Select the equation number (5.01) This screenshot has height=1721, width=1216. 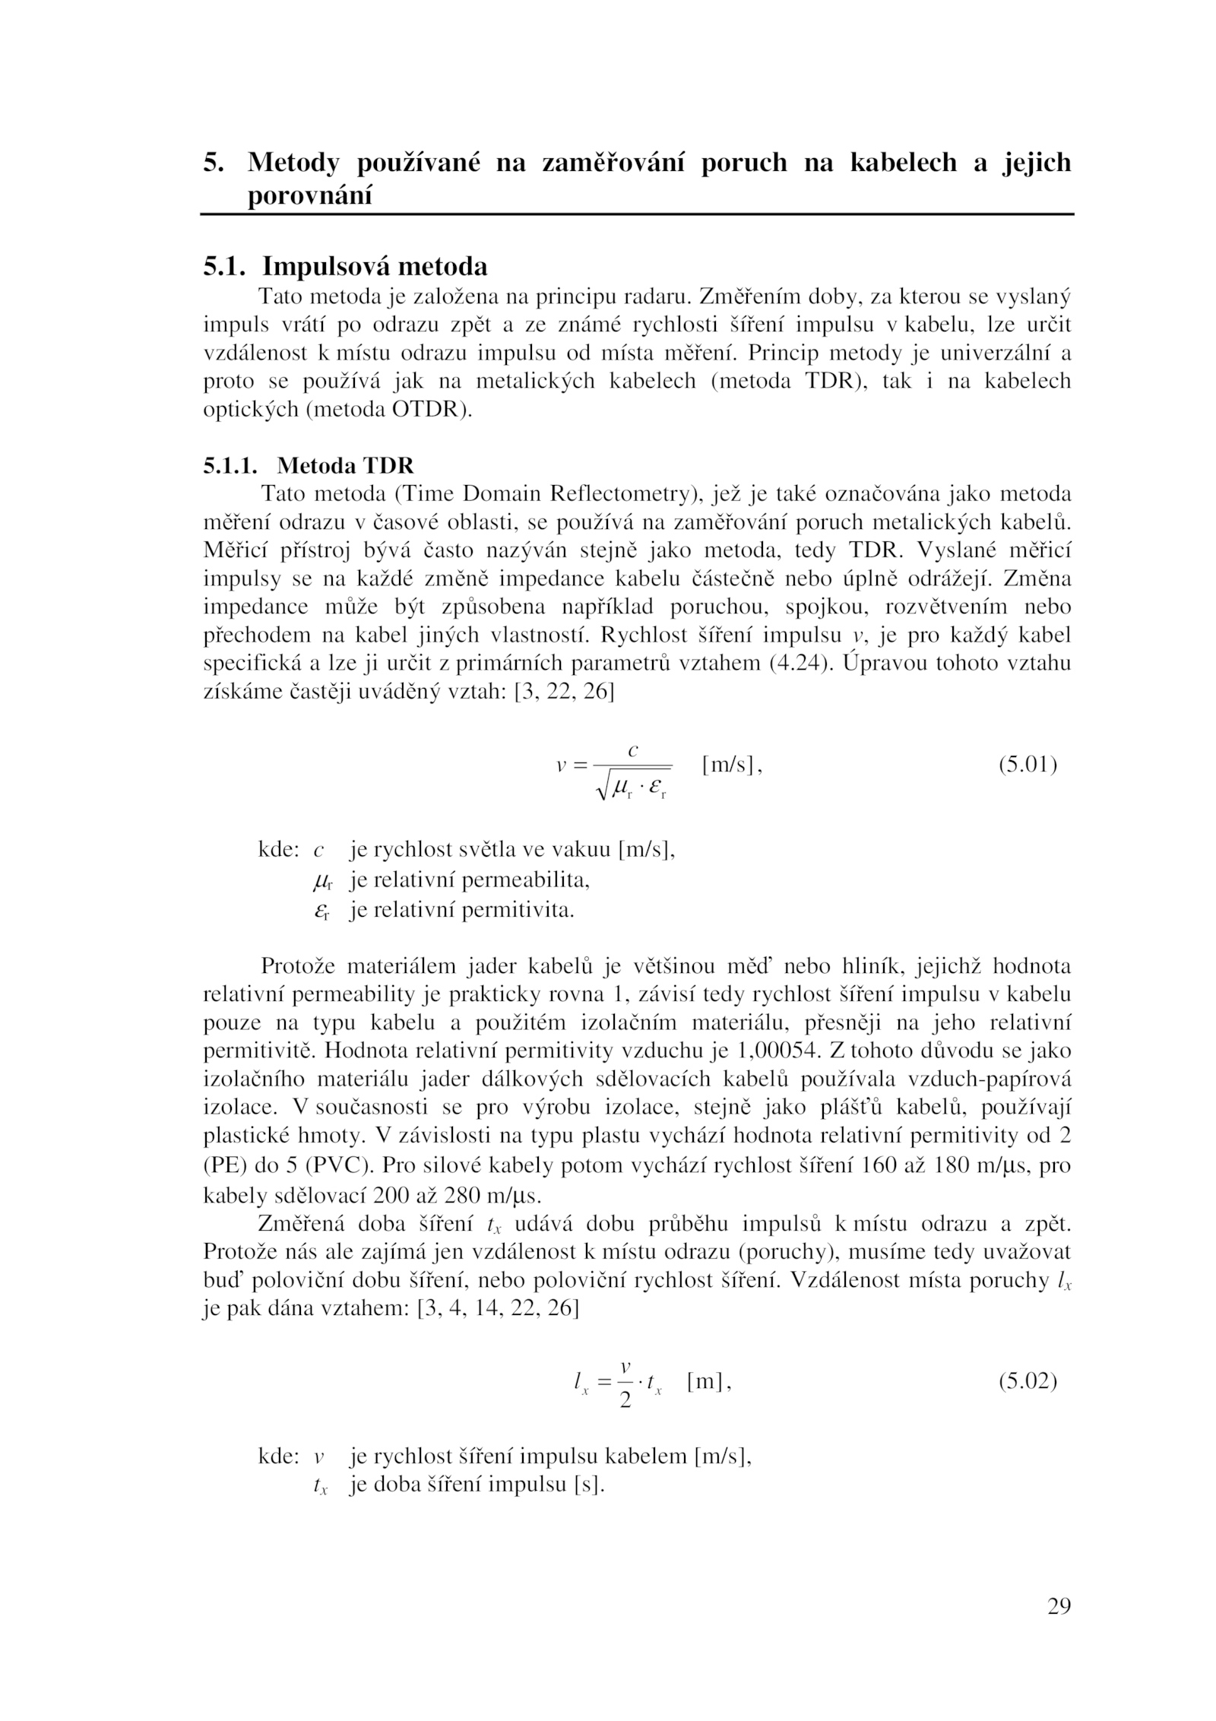click(1028, 764)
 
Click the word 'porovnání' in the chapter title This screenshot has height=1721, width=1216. click(310, 196)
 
